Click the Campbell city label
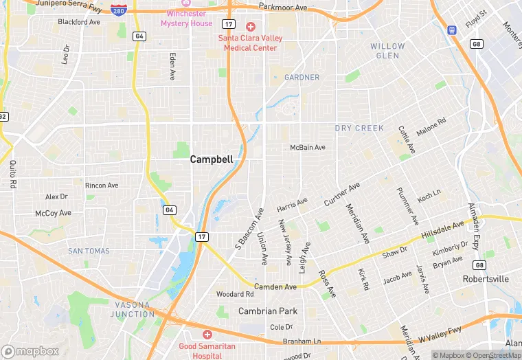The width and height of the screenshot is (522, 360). tap(211, 159)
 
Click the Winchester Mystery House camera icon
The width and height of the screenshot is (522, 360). tap(186, 3)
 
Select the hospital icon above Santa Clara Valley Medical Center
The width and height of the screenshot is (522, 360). tap(250, 26)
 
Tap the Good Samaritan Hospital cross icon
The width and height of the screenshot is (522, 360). tap(207, 334)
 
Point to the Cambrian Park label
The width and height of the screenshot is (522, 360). tap(267, 311)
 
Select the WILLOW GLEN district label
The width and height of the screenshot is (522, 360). tap(387, 50)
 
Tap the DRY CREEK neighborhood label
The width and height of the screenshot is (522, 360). tap(359, 128)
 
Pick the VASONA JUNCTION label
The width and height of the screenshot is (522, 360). tap(133, 309)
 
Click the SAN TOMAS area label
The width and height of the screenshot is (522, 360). tap(89, 251)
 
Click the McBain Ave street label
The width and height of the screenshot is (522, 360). tap(307, 148)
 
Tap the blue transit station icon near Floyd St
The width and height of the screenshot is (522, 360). tap(451, 30)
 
